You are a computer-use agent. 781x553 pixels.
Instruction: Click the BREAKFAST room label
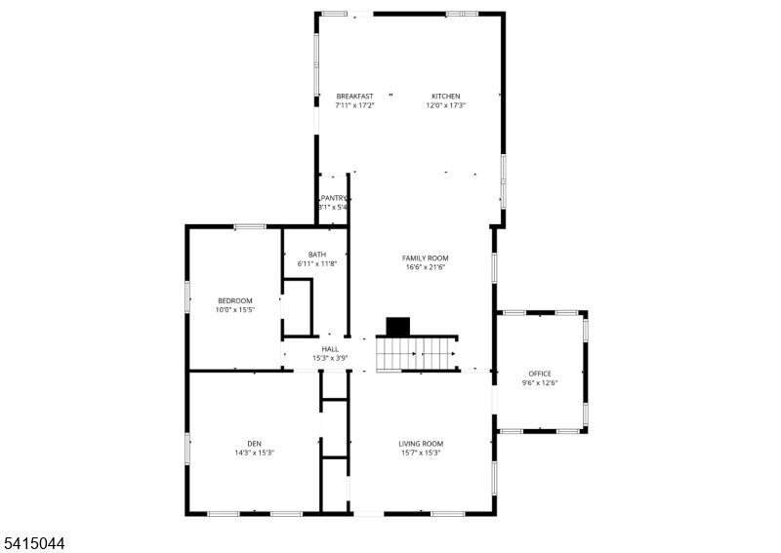354,96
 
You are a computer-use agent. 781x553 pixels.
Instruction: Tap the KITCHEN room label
446,96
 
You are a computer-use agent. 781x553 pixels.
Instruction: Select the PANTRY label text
334,198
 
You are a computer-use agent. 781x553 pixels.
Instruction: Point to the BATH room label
317,255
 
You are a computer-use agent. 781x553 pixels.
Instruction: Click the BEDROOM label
235,300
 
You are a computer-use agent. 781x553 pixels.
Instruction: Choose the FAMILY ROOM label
426,257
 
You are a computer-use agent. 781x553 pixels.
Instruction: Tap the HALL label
330,349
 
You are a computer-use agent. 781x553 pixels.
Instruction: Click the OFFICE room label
540,374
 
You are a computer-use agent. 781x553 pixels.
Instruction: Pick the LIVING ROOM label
421,443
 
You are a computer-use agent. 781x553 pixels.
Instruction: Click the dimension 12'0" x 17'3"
445,105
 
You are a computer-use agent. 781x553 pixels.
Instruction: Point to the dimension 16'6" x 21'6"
426,267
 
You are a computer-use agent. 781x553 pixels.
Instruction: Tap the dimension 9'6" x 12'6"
540,383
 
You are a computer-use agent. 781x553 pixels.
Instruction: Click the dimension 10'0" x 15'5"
235,310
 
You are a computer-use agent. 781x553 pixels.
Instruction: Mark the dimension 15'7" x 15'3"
421,453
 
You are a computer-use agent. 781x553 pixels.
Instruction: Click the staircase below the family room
418,353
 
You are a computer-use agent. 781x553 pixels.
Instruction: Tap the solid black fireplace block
398,327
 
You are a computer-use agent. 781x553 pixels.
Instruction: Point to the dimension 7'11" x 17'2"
354,105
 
